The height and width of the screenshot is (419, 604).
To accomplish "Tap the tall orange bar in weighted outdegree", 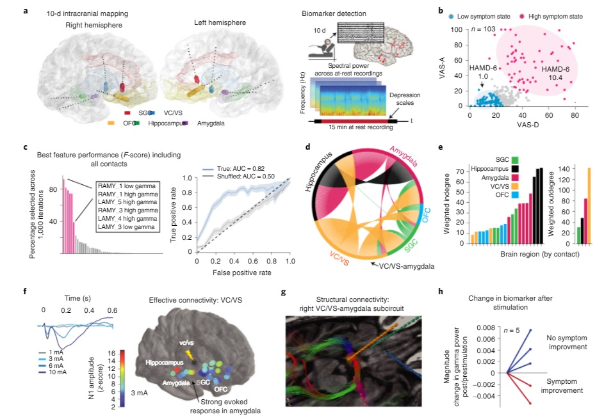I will pos(588,205).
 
